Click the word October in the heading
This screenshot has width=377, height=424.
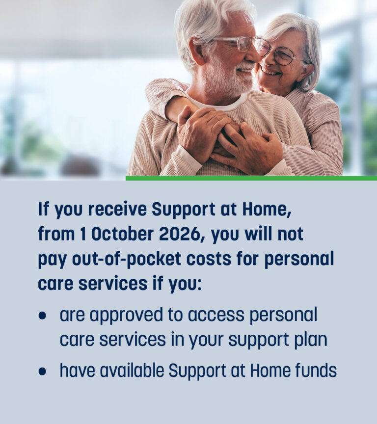point(122,234)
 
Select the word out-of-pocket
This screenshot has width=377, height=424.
point(127,259)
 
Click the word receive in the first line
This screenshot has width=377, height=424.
point(117,209)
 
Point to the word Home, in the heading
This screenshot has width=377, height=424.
point(267,210)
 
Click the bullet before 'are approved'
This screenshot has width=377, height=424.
point(42,316)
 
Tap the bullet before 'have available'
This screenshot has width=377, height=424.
point(42,371)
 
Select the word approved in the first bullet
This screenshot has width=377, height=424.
point(126,315)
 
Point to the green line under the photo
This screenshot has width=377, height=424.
point(251,178)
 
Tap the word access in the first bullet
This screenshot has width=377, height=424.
point(216,315)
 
